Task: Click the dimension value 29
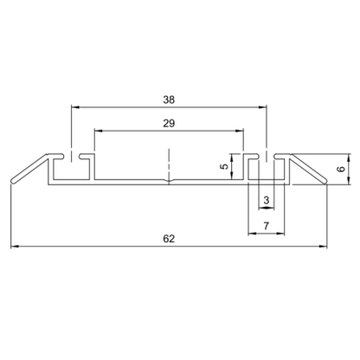point(169,123)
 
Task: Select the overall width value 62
point(169,239)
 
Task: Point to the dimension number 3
point(266,201)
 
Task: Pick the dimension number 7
point(266,226)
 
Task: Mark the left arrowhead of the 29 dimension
point(96,132)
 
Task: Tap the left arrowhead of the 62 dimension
point(13,248)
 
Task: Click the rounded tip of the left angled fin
point(12,182)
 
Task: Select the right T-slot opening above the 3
point(266,158)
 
